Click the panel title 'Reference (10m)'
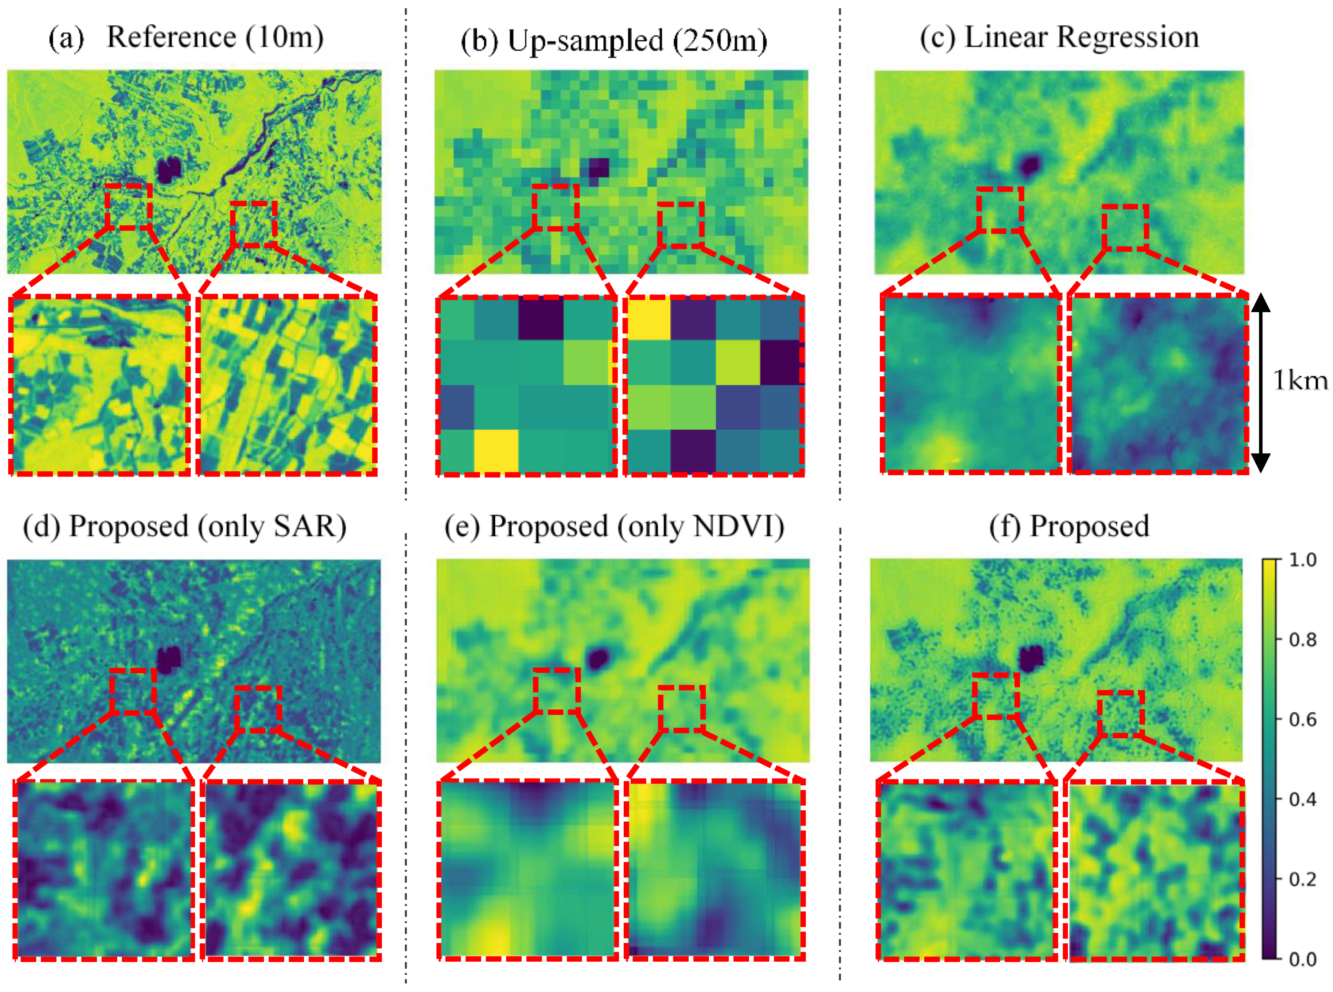click(215, 37)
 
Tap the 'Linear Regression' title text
click(1081, 37)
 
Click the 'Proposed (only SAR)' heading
click(207, 527)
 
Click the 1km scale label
click(1299, 381)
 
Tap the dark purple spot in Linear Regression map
click(1030, 164)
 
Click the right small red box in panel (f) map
click(1121, 714)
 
